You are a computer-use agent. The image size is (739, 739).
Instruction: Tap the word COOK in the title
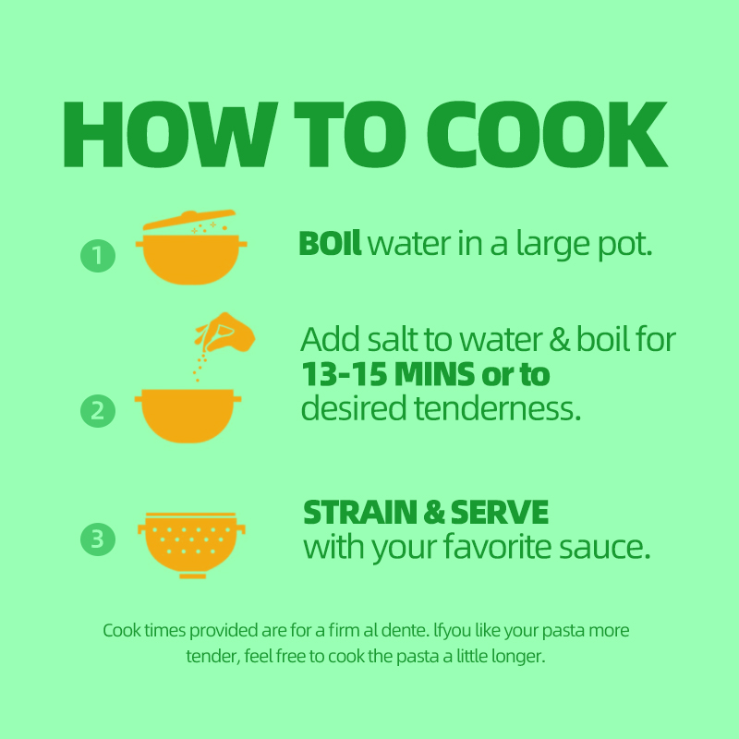(547, 134)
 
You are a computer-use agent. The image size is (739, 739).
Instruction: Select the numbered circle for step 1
(98, 256)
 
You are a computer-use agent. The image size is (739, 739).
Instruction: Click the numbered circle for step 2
(98, 411)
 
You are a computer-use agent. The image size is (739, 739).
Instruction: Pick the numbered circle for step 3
(98, 539)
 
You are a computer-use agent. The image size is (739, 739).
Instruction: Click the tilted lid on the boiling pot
(189, 220)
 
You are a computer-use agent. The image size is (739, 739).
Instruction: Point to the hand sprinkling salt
(225, 332)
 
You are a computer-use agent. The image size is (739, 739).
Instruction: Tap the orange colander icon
(191, 545)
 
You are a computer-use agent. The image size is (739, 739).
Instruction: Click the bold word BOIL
(330, 244)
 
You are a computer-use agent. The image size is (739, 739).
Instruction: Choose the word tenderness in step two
(497, 408)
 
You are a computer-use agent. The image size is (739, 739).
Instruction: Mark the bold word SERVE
(499, 513)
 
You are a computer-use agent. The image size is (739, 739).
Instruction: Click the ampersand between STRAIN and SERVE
(433, 513)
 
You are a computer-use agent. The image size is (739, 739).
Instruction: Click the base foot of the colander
(193, 575)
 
